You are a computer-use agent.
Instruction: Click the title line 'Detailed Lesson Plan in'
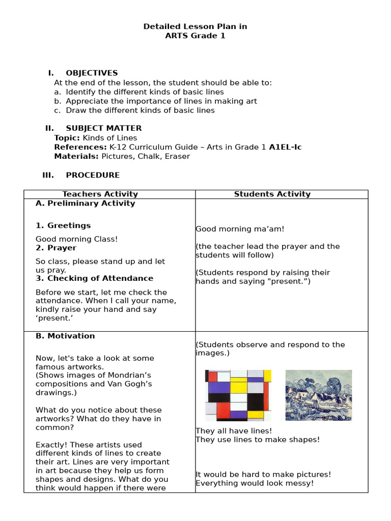pyautogui.click(x=195, y=26)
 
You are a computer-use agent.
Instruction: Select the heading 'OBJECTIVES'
pyautogui.click(x=92, y=73)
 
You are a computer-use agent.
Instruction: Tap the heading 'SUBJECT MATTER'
pyautogui.click(x=103, y=128)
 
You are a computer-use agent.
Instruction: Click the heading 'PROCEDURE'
pyautogui.click(x=93, y=175)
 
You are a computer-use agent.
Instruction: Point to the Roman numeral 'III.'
pyautogui.click(x=48, y=175)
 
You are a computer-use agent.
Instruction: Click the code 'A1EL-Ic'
pyautogui.click(x=285, y=147)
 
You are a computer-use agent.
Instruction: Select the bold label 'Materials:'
pyautogui.click(x=76, y=156)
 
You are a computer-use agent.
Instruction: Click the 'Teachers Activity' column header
pyautogui.click(x=100, y=194)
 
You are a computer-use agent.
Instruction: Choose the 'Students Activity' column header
pyautogui.click(x=272, y=194)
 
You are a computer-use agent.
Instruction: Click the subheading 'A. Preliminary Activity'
pyautogui.click(x=85, y=204)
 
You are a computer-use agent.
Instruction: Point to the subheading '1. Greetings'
pyautogui.click(x=63, y=225)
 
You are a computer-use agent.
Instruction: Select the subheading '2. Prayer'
pyautogui.click(x=56, y=248)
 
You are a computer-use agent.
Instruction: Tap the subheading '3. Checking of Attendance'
pyautogui.click(x=94, y=278)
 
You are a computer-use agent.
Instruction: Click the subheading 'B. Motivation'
pyautogui.click(x=65, y=336)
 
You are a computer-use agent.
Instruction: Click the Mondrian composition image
pyautogui.click(x=238, y=395)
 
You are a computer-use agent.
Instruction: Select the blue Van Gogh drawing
pyautogui.click(x=318, y=395)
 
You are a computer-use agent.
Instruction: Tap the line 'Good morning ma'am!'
pyautogui.click(x=233, y=229)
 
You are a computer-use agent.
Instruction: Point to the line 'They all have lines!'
pyautogui.click(x=234, y=431)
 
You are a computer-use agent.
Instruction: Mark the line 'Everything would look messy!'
pyautogui.click(x=255, y=483)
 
